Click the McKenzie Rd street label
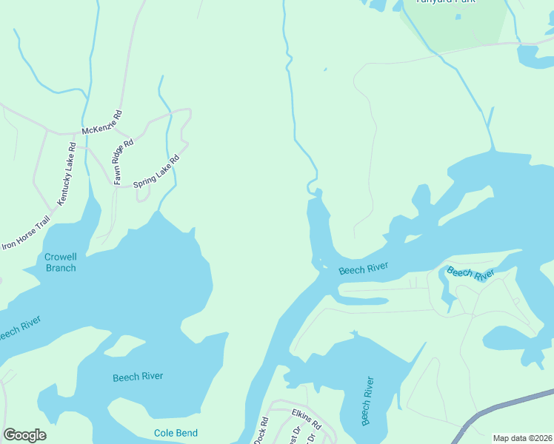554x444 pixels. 102,123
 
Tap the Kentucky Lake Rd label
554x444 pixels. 67,175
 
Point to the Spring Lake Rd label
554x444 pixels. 156,171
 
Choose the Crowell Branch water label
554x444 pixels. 61,263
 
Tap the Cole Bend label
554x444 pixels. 175,433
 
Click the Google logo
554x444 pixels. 24,435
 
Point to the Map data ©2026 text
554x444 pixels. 522,438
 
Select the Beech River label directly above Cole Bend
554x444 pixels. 138,377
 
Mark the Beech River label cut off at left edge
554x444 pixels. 16,329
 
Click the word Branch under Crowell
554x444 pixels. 61,268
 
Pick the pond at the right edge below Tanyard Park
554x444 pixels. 535,55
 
